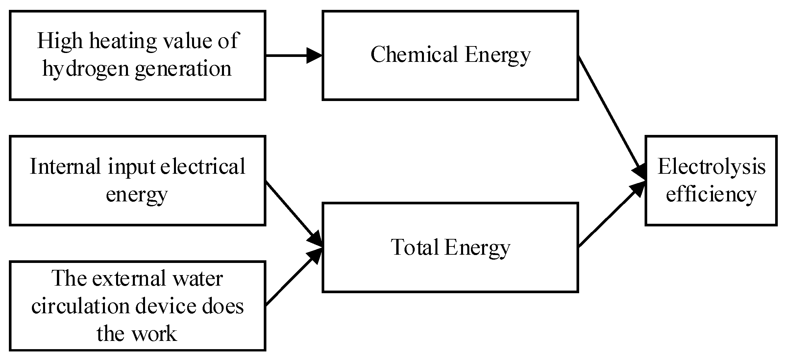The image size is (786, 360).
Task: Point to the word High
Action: tap(60, 41)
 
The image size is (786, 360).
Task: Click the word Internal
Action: tap(65, 167)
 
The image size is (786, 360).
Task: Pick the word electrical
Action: tap(203, 167)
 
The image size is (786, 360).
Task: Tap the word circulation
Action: tap(81, 306)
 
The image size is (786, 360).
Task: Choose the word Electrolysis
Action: tap(711, 167)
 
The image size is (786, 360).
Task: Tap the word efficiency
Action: tap(711, 194)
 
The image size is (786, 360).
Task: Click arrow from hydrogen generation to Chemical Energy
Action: tap(293, 55)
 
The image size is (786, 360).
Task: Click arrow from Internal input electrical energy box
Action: tap(293, 213)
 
